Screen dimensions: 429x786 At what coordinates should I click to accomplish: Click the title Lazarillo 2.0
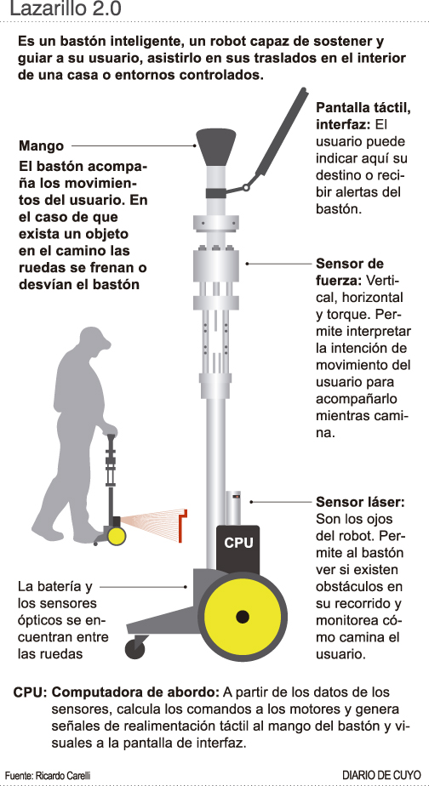pos(66,9)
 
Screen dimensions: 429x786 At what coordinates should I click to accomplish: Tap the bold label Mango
pos(42,145)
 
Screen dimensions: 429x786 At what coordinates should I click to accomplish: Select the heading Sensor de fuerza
pos(350,272)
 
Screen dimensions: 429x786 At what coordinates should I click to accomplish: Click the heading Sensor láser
pos(360,502)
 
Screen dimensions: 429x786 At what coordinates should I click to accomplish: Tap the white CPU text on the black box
pos(238,543)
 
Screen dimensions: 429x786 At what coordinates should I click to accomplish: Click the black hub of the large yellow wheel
pos(243,616)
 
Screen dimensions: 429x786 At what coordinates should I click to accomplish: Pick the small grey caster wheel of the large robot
pos(134,650)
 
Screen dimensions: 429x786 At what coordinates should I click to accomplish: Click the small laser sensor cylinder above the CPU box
pos(233,508)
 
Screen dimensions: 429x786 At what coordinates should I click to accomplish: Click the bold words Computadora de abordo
pos(135,692)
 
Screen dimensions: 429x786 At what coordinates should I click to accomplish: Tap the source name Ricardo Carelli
pos(63,776)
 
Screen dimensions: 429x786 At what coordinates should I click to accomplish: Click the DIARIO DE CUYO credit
pos(381,775)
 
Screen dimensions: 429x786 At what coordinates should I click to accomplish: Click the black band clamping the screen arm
pos(215,193)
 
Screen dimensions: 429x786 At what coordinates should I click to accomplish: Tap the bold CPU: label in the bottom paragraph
pos(30,692)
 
